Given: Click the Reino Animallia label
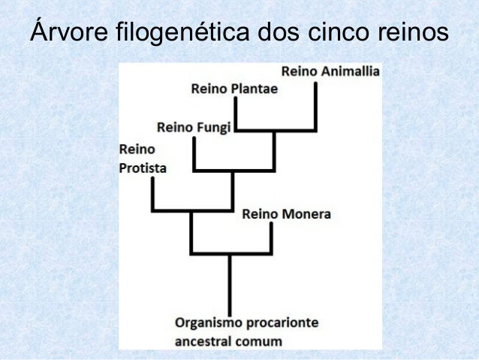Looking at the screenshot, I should tap(331, 72).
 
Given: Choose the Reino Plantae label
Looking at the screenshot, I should tap(234, 89).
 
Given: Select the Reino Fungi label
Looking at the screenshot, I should tap(193, 127).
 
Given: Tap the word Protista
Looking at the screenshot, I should tap(143, 168).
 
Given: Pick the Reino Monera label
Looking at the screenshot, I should tap(286, 214).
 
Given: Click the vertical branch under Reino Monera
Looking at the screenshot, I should tap(270, 239).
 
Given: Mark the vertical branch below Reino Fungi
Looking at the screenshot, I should tap(194, 154).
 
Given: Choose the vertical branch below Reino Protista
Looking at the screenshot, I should tap(152, 195).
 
